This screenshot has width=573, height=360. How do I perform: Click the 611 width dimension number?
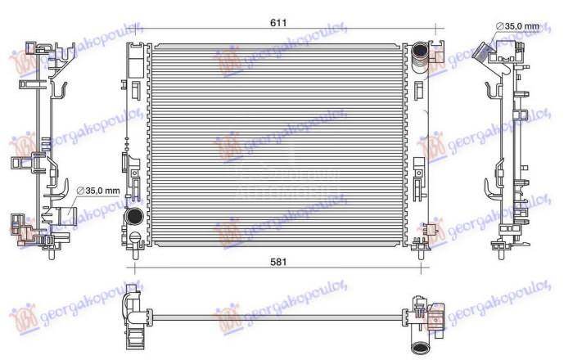click(278, 23)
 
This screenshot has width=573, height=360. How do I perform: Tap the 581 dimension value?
click(279, 262)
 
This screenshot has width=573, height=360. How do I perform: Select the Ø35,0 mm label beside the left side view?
click(98, 191)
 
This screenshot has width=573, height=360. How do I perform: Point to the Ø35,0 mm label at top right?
click(519, 27)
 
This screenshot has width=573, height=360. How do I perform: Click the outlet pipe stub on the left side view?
click(65, 218)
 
